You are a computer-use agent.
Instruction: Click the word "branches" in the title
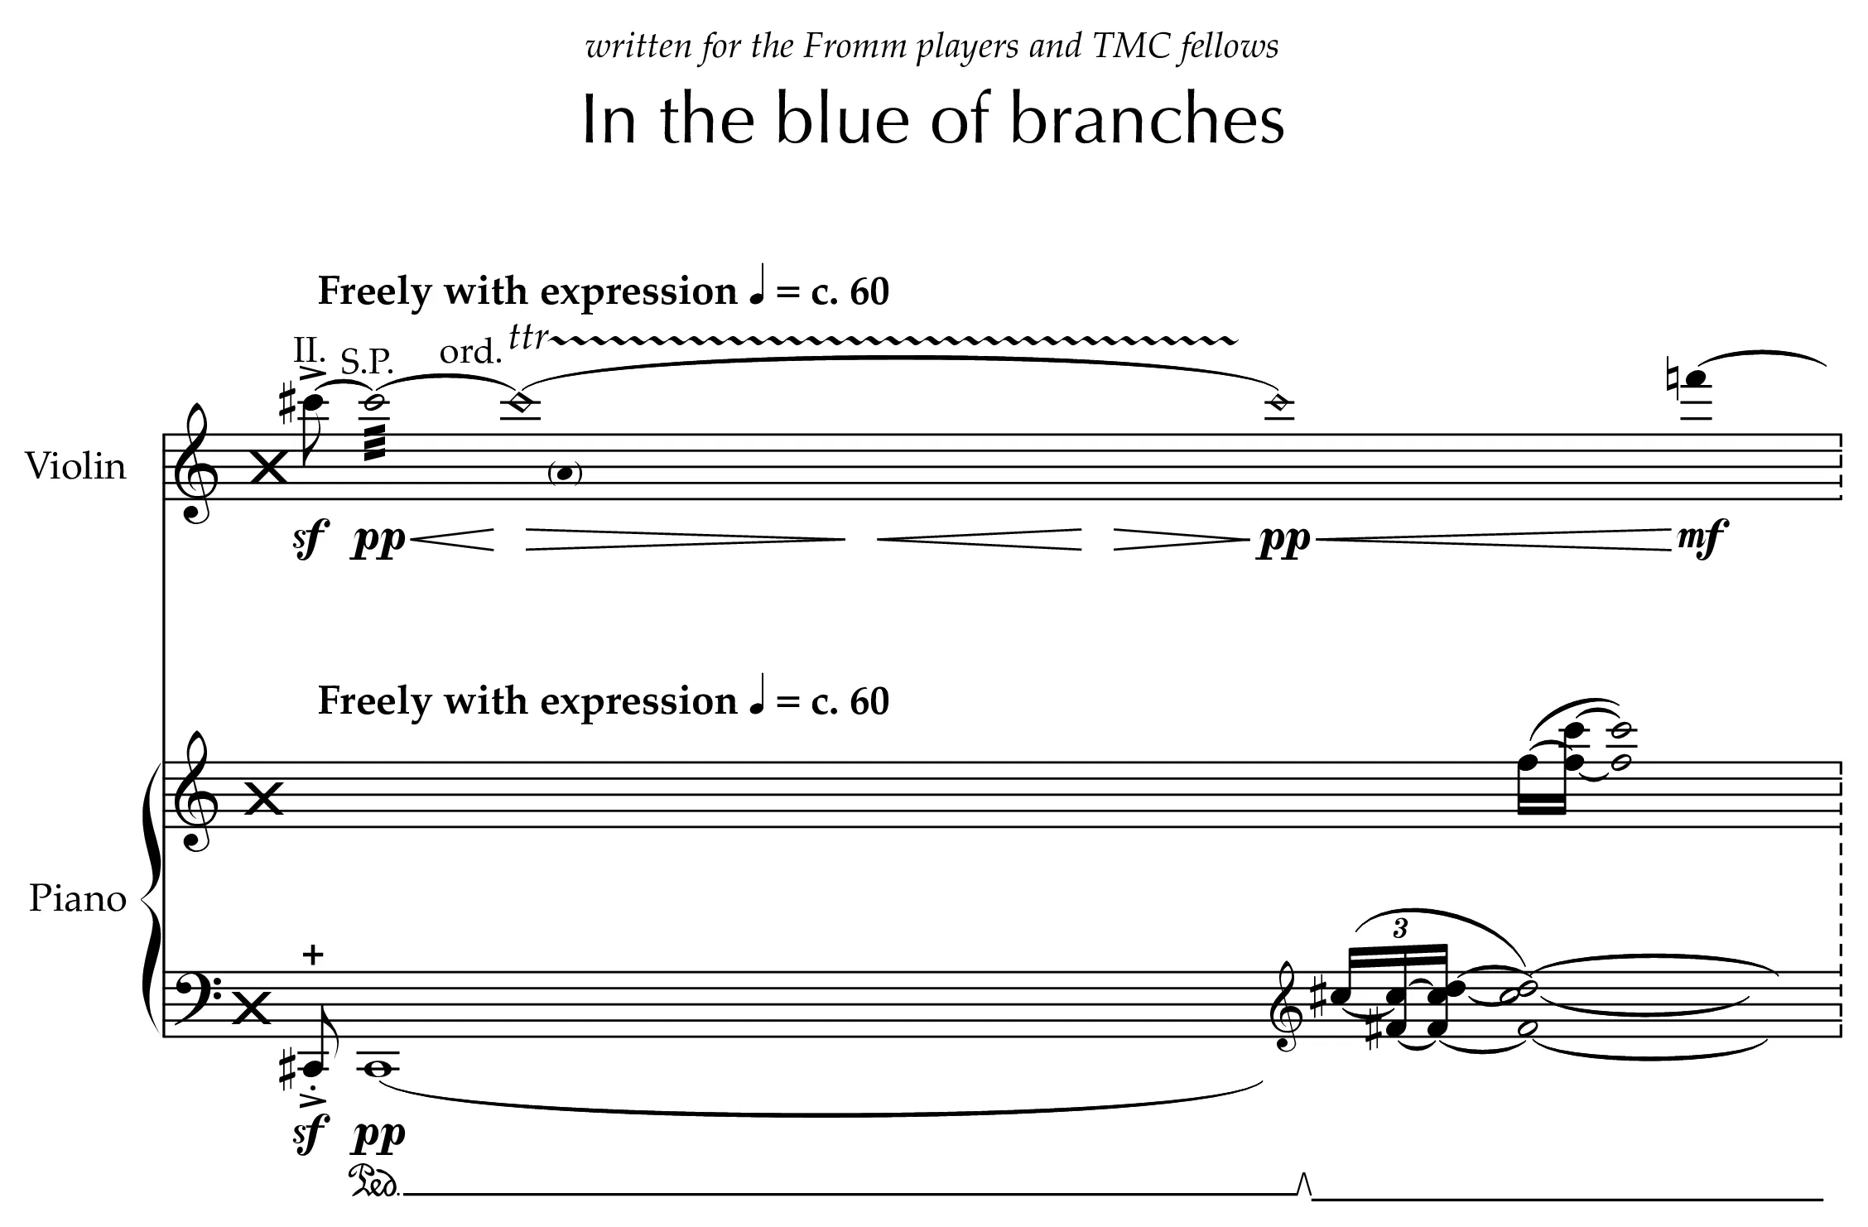coord(1148,118)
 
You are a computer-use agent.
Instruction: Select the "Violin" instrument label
coord(75,466)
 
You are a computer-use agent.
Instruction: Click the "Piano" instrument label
coord(78,898)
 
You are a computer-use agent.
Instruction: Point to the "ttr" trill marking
coord(529,337)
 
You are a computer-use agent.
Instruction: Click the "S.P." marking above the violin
coord(368,362)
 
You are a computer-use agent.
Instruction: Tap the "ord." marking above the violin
coord(470,352)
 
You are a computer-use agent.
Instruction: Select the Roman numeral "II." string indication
coord(310,350)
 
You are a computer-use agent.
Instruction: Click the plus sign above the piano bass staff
coord(313,955)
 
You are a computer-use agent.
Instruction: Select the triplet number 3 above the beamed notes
coord(1399,928)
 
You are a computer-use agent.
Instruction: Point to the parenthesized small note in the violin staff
coord(566,474)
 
